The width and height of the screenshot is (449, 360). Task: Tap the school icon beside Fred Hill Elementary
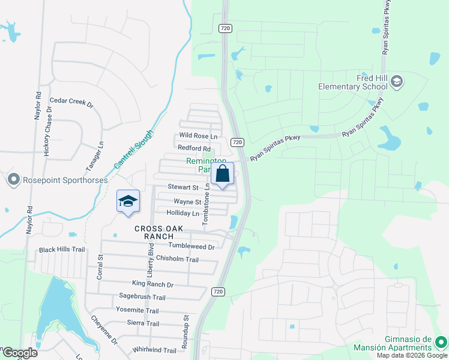point(396,82)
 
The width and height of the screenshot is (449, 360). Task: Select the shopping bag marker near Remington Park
point(222,175)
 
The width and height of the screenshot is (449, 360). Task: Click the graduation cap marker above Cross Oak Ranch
point(128,202)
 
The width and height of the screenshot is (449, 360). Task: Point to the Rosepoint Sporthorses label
point(65,179)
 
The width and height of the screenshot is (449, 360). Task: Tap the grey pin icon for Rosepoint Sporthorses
point(13,179)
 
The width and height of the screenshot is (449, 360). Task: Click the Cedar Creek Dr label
point(71,103)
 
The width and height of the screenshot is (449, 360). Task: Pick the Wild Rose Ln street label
point(198,136)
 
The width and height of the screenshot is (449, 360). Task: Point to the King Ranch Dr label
point(152,284)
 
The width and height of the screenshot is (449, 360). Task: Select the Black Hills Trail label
point(62,250)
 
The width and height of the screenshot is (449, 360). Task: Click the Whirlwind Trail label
point(154,350)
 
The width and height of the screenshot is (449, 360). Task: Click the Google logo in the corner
point(19,353)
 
